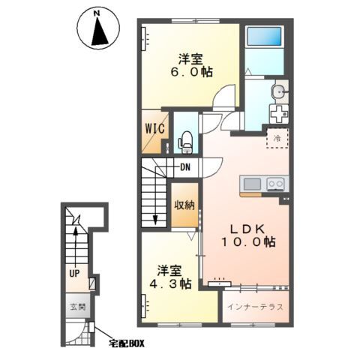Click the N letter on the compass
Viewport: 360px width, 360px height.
tap(97, 13)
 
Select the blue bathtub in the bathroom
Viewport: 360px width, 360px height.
tap(264, 36)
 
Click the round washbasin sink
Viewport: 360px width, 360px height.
tap(278, 91)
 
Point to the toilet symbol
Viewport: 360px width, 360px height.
tap(185, 142)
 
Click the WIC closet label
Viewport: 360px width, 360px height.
tap(155, 129)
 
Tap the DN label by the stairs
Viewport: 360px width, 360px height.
tap(185, 167)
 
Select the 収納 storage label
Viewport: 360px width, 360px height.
tap(184, 205)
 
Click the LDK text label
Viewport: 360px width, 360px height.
tap(247, 229)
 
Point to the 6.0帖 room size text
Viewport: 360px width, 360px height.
tap(191, 72)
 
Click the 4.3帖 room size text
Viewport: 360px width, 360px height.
tap(170, 283)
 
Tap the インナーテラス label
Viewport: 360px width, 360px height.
tap(255, 307)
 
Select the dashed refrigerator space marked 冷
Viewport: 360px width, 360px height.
tap(277, 138)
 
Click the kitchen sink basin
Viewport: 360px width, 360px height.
tap(252, 184)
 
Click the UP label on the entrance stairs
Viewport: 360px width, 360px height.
tap(74, 274)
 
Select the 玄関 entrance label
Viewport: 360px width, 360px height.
tap(78, 307)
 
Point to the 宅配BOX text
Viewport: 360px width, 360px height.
tap(127, 343)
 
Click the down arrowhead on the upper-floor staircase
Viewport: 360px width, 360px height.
tap(155, 220)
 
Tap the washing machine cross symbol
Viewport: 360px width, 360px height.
tap(279, 114)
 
